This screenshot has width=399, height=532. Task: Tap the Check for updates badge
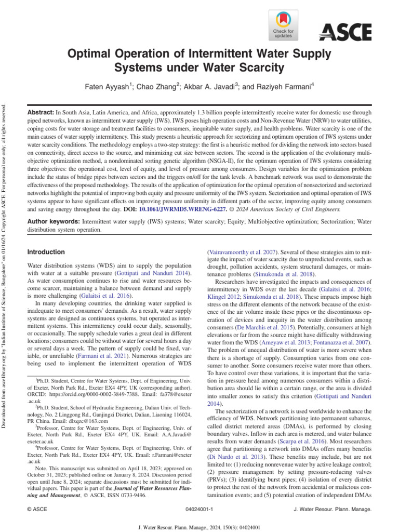[283, 25]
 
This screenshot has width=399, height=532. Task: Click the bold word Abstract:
[41, 113]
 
